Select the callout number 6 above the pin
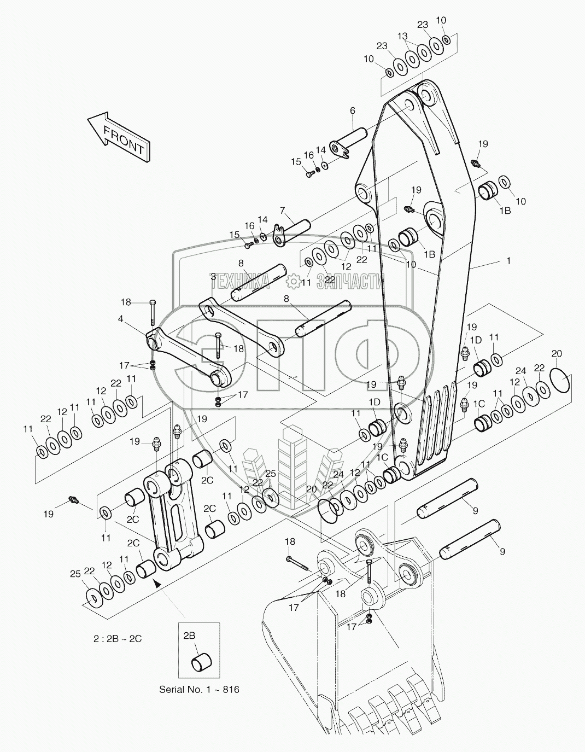click(x=353, y=111)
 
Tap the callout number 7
click(x=282, y=210)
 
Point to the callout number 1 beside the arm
click(x=508, y=261)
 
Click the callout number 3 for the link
click(x=213, y=277)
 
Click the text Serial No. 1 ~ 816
click(x=199, y=689)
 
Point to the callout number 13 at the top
click(x=402, y=37)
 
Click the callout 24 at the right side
click(x=520, y=371)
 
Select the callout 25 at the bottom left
click(x=75, y=574)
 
